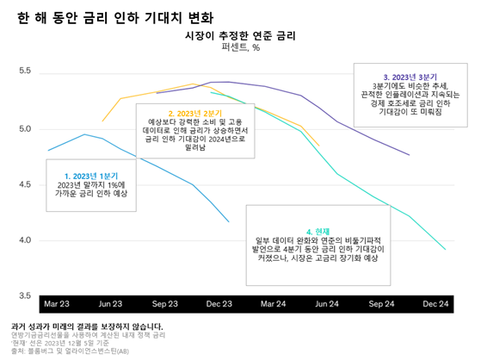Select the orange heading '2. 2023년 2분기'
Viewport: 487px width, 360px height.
coord(195,114)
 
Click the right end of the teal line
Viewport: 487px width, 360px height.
coord(445,250)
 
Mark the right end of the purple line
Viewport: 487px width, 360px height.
coord(409,155)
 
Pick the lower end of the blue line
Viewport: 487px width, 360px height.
coord(229,222)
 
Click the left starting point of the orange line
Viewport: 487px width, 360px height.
coord(102,121)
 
